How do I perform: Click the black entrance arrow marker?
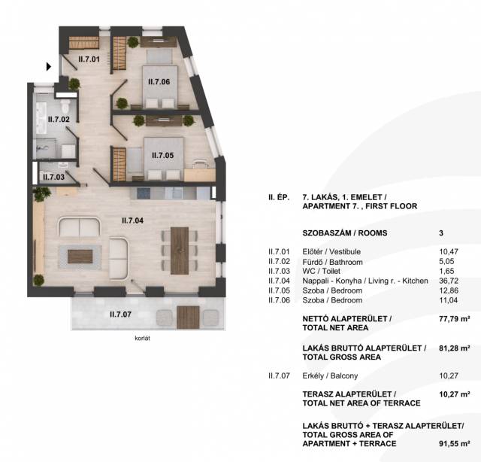coord(48,66)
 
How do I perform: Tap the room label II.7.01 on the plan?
coord(89,59)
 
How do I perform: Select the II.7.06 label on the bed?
coord(159,82)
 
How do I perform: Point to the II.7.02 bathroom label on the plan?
coord(59,119)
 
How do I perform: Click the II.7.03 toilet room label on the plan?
coord(53,177)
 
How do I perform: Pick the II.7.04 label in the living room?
coord(132,220)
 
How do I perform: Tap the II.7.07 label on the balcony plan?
coord(120,315)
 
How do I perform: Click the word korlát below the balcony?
coord(142,338)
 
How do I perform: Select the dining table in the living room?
coord(180,251)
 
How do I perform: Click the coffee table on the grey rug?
coord(80,257)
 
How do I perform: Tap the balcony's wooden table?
coord(188,318)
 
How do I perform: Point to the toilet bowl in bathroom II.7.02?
coord(65,106)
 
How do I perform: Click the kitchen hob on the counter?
coord(144,193)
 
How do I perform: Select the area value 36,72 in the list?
coord(449,281)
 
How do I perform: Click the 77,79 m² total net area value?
coord(454,319)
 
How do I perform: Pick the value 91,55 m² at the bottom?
coord(454,444)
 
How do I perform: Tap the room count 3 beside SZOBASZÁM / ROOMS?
coord(441,233)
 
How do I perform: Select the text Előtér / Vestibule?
coord(331,251)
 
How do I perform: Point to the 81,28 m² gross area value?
coord(454,348)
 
